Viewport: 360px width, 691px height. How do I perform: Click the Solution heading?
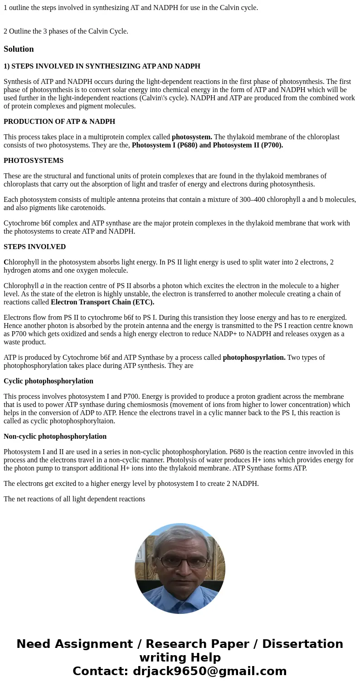[19, 49]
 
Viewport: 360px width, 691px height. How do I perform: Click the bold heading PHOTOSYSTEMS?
[34, 161]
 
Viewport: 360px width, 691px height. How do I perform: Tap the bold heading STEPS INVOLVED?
[34, 247]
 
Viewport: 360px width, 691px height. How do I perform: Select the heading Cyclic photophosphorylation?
[49, 381]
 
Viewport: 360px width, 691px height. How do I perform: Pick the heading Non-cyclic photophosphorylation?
[55, 436]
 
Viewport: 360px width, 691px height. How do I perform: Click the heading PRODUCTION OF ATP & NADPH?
[59, 122]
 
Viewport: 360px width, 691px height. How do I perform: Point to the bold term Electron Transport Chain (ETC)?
[102, 302]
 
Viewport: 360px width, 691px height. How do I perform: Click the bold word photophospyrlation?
[254, 358]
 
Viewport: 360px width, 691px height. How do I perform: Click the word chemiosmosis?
[210, 405]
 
